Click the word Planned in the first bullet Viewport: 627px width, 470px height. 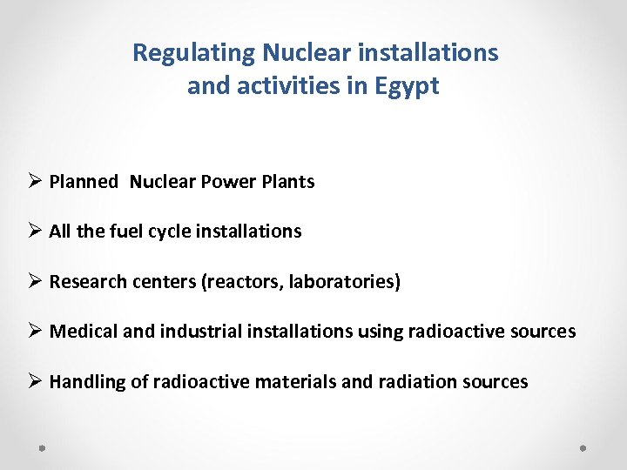(84, 182)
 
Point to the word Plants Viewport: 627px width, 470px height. (288, 182)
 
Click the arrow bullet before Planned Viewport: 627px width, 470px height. (36, 182)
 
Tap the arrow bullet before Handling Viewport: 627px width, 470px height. (36, 382)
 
